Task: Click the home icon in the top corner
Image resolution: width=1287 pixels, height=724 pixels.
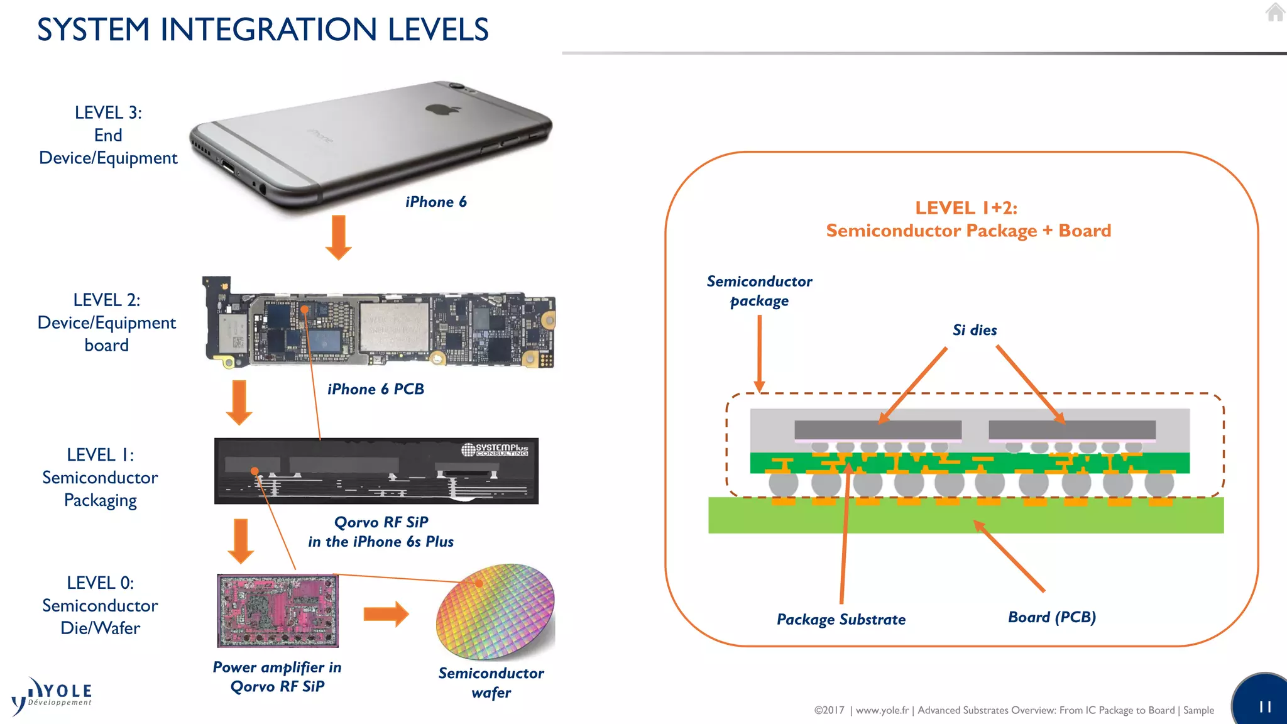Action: click(x=1275, y=12)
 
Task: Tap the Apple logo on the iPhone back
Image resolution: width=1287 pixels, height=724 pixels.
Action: click(x=443, y=110)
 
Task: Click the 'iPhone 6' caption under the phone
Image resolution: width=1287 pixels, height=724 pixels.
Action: click(x=435, y=202)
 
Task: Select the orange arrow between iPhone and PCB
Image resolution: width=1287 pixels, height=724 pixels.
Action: click(x=338, y=237)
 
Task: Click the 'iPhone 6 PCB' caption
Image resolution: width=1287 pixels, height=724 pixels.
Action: click(x=375, y=389)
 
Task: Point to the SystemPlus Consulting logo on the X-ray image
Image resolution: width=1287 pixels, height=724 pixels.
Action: click(x=495, y=449)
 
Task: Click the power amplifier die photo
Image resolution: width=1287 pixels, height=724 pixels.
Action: click(x=277, y=610)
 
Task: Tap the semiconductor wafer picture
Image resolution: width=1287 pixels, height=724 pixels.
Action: click(x=496, y=611)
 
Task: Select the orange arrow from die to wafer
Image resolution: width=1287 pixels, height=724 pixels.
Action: click(x=386, y=614)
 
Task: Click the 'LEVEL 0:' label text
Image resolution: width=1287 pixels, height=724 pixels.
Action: click(x=100, y=583)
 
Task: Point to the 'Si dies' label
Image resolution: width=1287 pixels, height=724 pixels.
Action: click(x=974, y=330)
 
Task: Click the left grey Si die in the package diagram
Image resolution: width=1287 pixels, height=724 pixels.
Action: click(x=878, y=430)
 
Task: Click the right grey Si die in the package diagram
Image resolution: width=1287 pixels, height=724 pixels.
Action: click(x=1071, y=430)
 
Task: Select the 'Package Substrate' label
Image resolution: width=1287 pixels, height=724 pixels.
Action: click(x=841, y=619)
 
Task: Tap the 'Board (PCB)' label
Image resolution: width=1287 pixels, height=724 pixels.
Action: click(x=1051, y=617)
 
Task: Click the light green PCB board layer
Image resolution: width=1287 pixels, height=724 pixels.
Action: click(x=965, y=518)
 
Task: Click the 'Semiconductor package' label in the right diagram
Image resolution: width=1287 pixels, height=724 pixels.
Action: click(x=759, y=290)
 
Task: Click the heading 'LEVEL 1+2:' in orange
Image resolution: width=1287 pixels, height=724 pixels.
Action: click(x=966, y=208)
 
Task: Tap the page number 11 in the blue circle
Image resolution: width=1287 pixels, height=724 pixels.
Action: click(x=1264, y=707)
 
